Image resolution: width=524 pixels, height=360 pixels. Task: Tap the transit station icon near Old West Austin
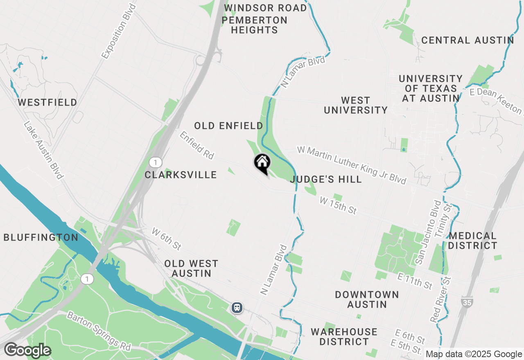tap(237, 307)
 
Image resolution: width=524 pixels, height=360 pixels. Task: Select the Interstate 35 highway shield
tap(466, 302)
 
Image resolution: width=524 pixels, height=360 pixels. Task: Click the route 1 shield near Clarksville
tap(155, 162)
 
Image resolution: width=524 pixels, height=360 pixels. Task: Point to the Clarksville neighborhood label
tap(181, 175)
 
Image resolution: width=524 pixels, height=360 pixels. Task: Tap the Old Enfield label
tap(228, 126)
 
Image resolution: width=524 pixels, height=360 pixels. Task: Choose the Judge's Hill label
tap(326, 179)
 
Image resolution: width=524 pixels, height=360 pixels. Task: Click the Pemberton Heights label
tap(255, 25)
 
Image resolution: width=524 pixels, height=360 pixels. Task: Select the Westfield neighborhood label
tap(47, 102)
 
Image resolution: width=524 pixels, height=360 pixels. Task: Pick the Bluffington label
tap(41, 238)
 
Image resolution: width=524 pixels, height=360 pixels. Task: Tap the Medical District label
tap(472, 241)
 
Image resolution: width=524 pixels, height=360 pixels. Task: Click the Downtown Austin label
tap(367, 299)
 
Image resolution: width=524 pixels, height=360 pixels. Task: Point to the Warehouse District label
tap(344, 336)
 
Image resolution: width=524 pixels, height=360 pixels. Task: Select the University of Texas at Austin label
tap(431, 88)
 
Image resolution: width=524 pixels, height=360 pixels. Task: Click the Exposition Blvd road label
tap(119, 31)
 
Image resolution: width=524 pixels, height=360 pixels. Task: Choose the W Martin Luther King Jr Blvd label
tap(352, 165)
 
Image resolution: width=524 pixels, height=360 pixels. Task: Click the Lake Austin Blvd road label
tap(43, 150)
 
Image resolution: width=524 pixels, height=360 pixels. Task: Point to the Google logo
tap(27, 351)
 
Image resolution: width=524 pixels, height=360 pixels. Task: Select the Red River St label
tap(440, 299)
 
